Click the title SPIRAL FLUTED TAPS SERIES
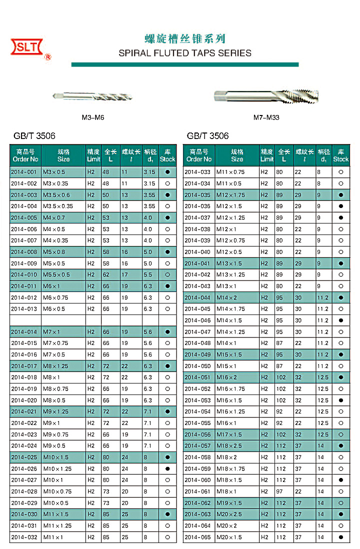click(185, 53)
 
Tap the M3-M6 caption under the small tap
click(92, 118)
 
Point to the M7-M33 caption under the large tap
click(266, 118)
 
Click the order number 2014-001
click(24, 172)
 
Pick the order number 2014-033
click(197, 172)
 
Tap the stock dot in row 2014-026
click(167, 469)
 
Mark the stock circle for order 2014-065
click(340, 537)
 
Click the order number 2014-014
click(24, 332)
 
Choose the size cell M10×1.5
click(56, 457)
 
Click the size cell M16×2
click(227, 377)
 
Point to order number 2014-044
click(197, 297)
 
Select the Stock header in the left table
click(167, 155)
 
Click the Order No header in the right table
click(198, 155)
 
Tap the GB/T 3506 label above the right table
click(207, 136)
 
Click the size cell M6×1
click(52, 286)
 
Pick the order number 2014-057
click(197, 446)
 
